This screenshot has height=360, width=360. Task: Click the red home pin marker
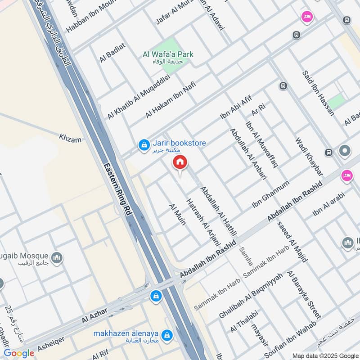coord(180,163)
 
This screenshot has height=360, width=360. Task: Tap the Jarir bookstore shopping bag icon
coord(144,145)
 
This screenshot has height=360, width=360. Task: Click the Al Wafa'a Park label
coord(167,54)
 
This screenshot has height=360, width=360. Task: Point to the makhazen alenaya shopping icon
coord(167,336)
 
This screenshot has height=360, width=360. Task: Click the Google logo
coord(19,353)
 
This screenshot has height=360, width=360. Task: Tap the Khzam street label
coord(70,138)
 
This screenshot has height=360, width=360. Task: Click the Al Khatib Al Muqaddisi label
coord(138,97)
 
